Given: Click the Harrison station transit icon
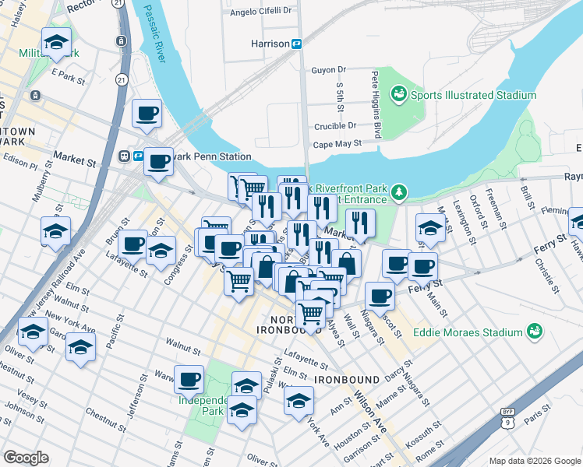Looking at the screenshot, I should coord(297,44).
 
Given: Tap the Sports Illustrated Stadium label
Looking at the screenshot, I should coord(473,96).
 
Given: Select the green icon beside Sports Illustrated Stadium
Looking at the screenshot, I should coord(399,95).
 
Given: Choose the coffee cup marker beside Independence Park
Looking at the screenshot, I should coord(189,381).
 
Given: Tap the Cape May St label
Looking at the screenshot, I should coord(337,144).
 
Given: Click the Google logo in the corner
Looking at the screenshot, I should coord(25,458).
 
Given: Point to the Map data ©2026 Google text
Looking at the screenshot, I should coord(533,461).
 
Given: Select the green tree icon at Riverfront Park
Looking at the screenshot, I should coord(399,191).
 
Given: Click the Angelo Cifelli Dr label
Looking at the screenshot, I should coord(260,12).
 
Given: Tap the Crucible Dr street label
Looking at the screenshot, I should coord(335,125).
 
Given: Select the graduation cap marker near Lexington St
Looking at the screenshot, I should coord(429,229).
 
